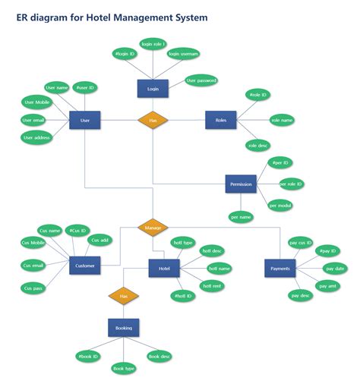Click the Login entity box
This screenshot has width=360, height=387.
click(x=153, y=88)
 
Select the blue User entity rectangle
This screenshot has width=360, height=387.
click(x=84, y=120)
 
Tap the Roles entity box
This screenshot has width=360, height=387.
click(x=220, y=120)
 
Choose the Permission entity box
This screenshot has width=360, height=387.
click(x=241, y=184)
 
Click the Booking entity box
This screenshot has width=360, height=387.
click(x=123, y=328)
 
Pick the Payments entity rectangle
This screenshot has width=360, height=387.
click(x=279, y=268)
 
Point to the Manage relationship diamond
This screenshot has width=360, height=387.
click(x=153, y=226)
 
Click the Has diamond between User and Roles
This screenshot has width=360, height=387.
click(x=153, y=120)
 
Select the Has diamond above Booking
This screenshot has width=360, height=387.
click(x=123, y=296)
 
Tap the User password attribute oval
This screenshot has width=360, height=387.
click(x=201, y=80)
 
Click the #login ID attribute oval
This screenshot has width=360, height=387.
click(x=124, y=54)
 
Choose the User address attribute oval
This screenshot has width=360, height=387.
click(x=36, y=137)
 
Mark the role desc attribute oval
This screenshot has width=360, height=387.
click(x=258, y=145)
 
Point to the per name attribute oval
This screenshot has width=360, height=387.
click(x=241, y=217)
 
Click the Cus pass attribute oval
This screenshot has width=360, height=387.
click(x=33, y=288)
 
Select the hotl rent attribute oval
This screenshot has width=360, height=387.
click(x=211, y=285)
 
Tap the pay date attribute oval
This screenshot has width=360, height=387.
click(x=335, y=269)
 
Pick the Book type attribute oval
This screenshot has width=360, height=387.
click(x=123, y=368)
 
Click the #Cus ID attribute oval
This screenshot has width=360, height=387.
click(x=77, y=230)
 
